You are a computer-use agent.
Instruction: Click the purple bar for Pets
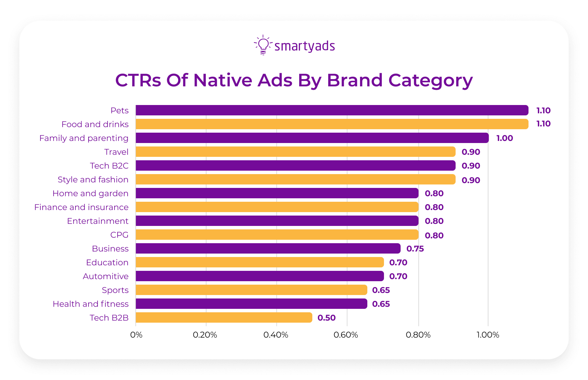click(332, 110)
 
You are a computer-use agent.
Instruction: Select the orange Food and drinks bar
click(332, 124)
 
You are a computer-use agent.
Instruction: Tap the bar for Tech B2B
click(224, 317)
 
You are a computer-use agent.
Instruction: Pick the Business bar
click(268, 248)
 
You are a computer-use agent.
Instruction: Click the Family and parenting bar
click(312, 138)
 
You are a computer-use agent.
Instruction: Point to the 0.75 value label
click(415, 249)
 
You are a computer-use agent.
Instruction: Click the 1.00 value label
click(505, 138)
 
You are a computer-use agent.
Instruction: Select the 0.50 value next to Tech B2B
click(327, 318)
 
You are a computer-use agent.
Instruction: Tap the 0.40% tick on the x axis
click(276, 335)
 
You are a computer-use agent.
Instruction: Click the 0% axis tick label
click(136, 335)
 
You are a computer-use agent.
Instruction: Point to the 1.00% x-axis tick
click(488, 335)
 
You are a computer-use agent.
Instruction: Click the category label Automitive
click(105, 276)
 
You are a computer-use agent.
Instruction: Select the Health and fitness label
click(91, 304)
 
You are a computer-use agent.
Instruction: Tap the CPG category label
click(119, 235)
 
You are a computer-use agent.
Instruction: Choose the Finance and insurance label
click(81, 207)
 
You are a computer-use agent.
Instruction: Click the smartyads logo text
click(304, 46)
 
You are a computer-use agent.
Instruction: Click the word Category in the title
click(430, 81)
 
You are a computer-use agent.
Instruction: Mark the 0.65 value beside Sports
click(381, 290)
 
